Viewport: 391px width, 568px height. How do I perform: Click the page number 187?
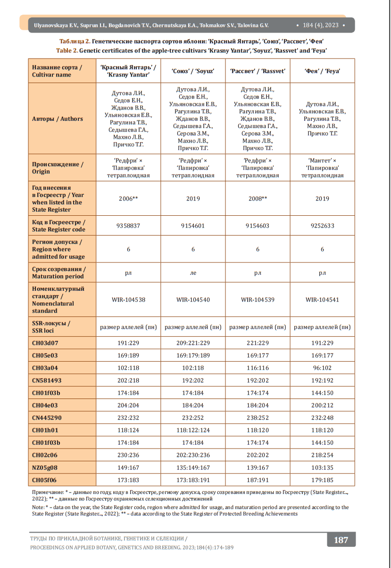[x=341, y=540]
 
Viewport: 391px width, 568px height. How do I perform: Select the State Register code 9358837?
[x=128, y=226]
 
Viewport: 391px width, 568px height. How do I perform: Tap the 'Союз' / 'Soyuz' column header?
[x=193, y=71]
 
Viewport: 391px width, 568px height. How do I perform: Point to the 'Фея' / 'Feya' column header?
[x=322, y=71]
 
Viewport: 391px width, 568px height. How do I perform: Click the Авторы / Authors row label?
[x=58, y=119]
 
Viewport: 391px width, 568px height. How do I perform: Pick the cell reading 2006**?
[x=128, y=199]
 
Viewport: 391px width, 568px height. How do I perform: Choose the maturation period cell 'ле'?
[x=193, y=273]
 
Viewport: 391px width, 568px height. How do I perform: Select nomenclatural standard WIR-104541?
[x=322, y=300]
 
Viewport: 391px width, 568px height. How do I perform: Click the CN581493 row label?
[x=47, y=380]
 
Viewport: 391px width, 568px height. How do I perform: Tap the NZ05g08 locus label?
[x=46, y=467]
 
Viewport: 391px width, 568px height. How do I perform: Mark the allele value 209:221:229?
[x=193, y=343]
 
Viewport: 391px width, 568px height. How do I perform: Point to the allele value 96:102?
[x=322, y=368]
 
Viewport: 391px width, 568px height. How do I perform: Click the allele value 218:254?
[x=322, y=455]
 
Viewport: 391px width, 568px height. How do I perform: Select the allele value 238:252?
[x=258, y=418]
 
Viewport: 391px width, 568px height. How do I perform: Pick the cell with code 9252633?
[x=322, y=226]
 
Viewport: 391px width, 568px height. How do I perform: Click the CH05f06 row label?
[x=45, y=480]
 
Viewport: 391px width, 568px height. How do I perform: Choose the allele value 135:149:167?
[x=193, y=467]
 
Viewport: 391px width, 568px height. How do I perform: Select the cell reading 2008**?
[x=258, y=199]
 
